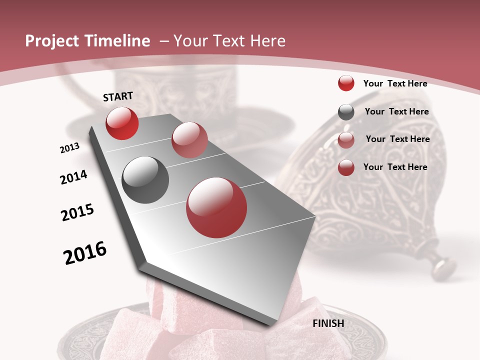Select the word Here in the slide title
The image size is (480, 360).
coord(267,41)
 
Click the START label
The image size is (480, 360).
coord(118,96)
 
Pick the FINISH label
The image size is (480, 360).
coord(328,323)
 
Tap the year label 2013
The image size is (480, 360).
coord(69,148)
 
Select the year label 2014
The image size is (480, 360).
coord(74,177)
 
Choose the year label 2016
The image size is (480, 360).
coord(85,253)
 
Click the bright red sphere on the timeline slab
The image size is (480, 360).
coord(122,123)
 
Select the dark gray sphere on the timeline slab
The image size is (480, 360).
coord(145,180)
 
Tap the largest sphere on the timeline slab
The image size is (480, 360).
coord(216,207)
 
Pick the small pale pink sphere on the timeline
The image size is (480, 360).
coord(189,140)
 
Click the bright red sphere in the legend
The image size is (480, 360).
coord(346,83)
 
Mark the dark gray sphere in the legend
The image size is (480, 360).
coord(346,112)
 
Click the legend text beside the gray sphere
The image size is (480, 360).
coord(396,111)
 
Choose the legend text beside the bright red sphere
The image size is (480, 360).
coord(395,83)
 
